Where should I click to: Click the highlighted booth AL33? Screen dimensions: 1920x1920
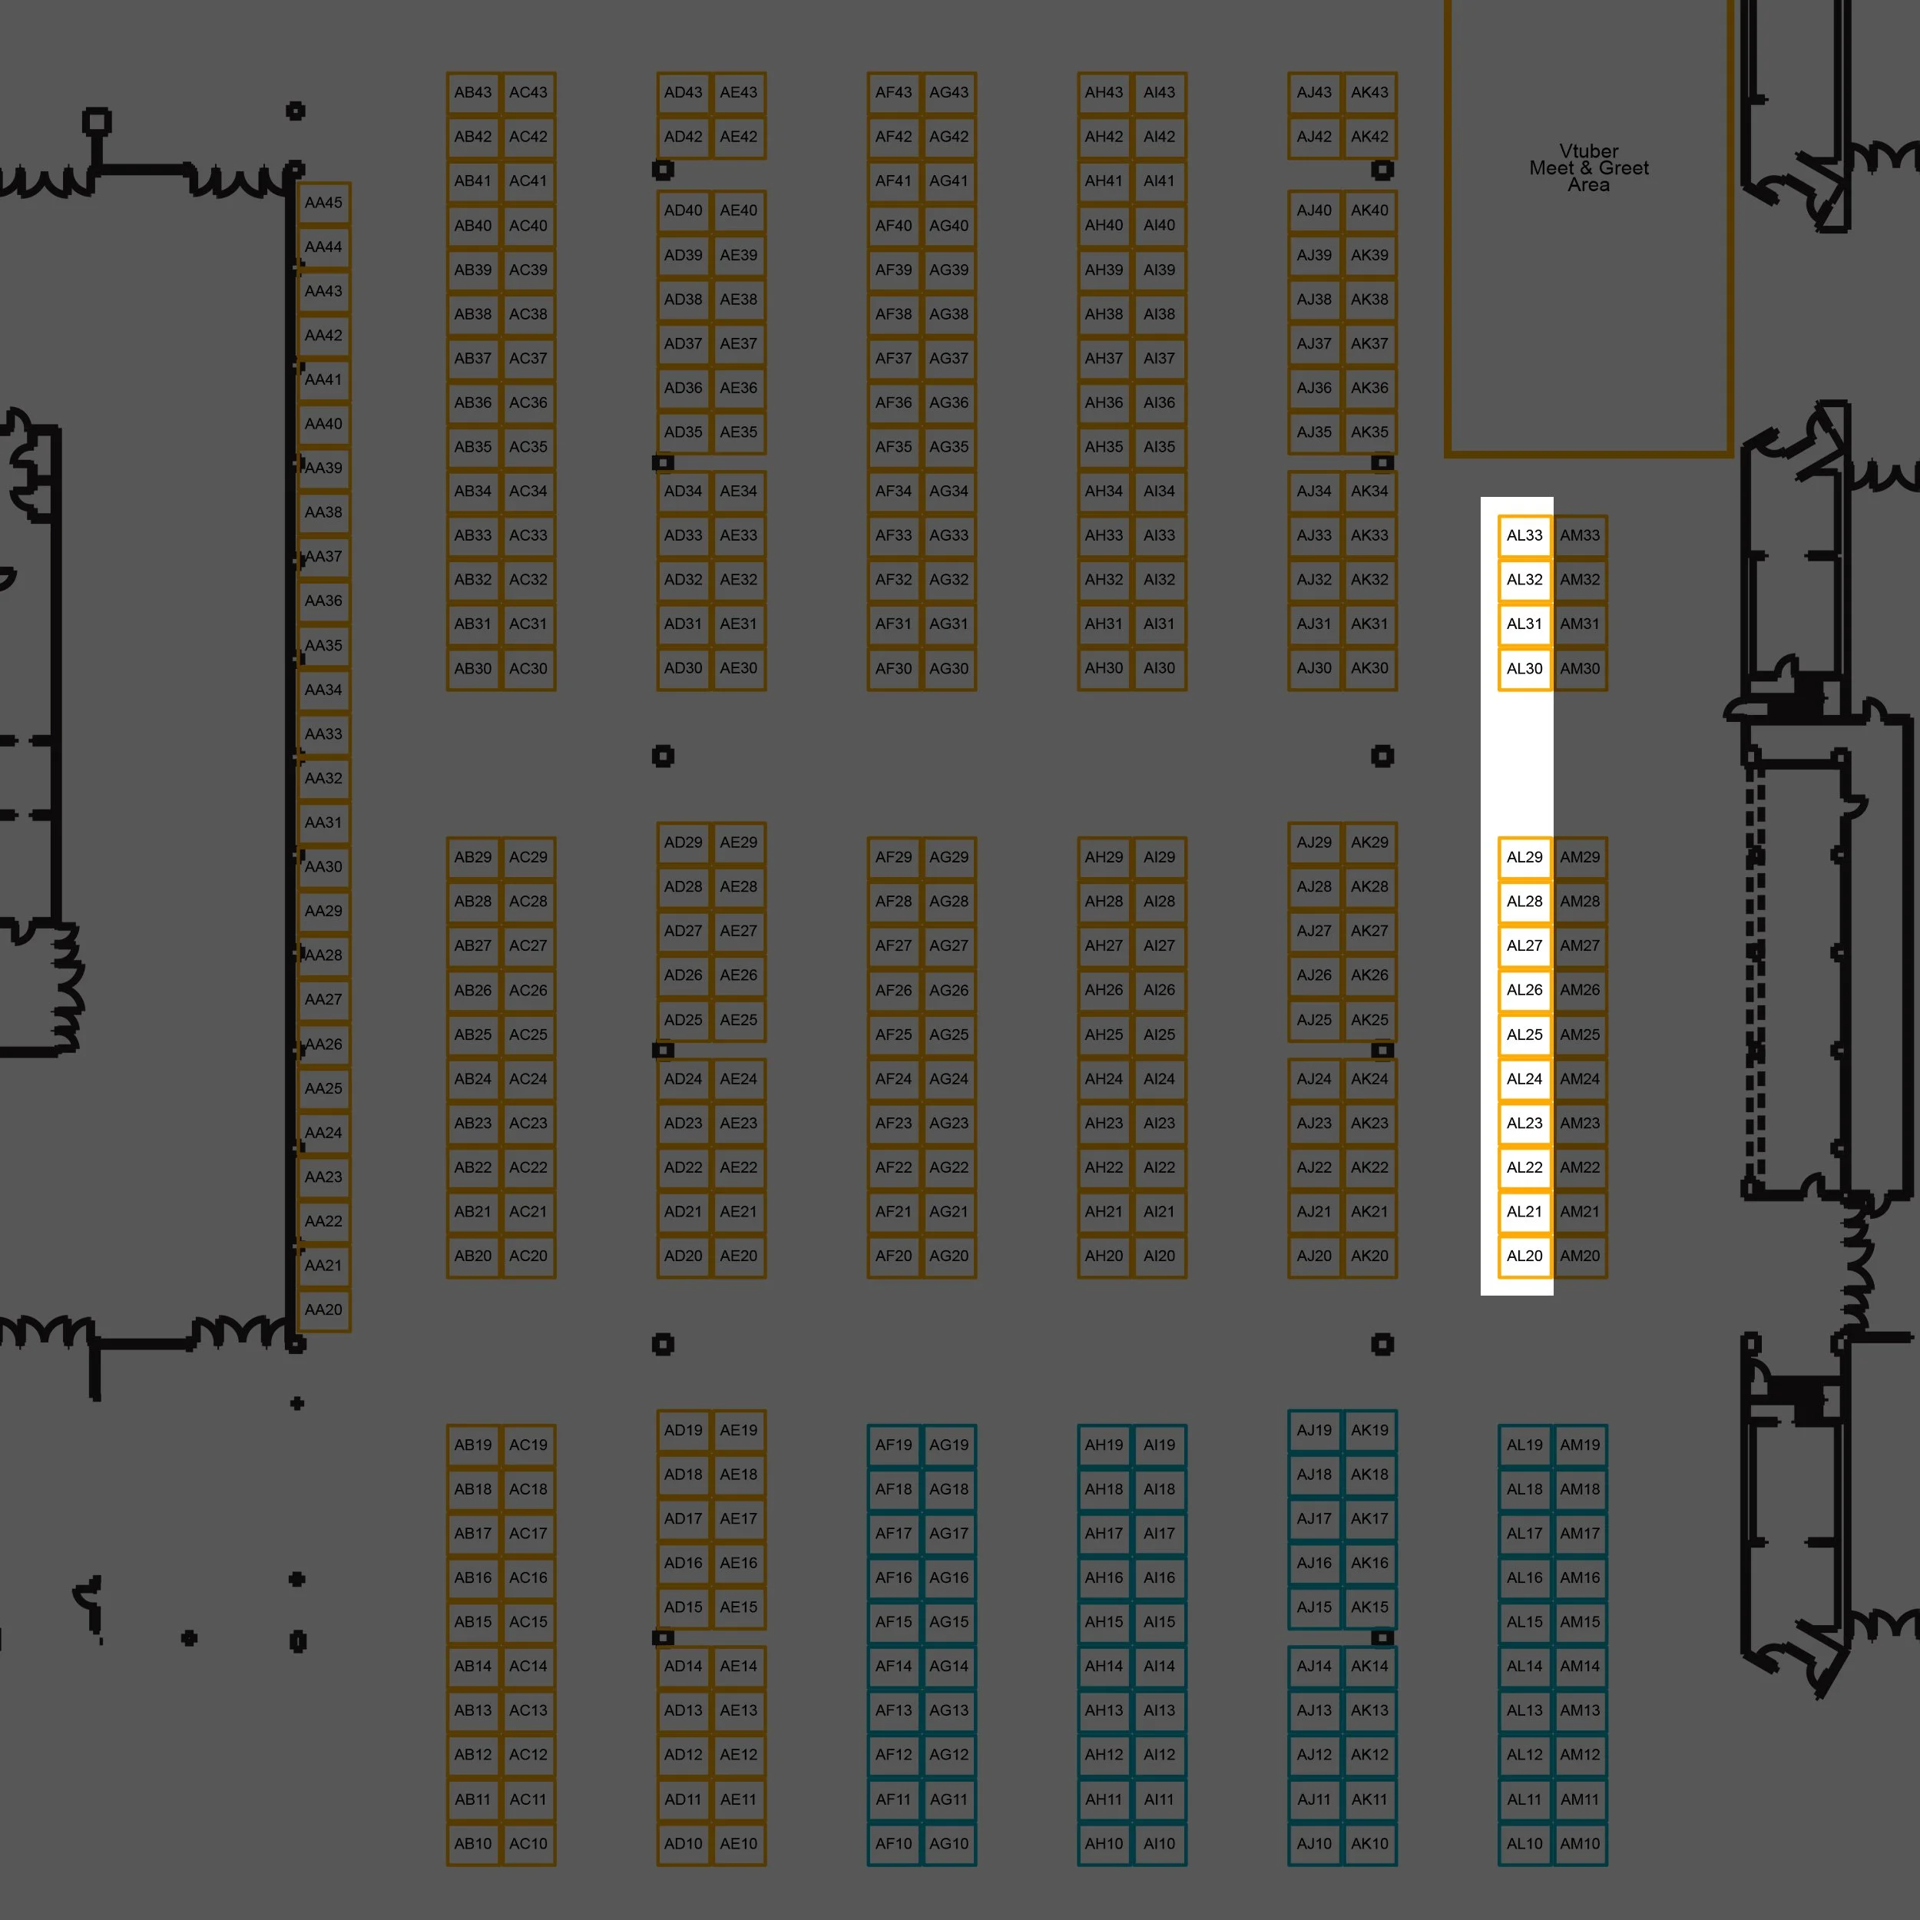1524,535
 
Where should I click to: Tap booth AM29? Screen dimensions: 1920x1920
1580,856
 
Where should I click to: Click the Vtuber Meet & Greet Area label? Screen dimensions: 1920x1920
1589,168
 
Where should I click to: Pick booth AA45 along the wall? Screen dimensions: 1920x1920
324,203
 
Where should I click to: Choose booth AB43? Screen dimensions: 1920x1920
473,92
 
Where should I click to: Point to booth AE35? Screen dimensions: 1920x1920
738,432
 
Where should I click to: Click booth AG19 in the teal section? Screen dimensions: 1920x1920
949,1445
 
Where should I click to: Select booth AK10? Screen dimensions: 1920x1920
1369,1843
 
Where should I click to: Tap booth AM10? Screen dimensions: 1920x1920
1580,1843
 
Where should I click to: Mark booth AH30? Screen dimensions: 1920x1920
1104,668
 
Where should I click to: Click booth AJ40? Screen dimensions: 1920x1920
1314,210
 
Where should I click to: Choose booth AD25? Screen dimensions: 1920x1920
684,1020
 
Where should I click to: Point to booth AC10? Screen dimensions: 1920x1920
528,1843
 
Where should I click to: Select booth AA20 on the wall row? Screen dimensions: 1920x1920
324,1309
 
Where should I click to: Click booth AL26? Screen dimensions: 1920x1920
1524,990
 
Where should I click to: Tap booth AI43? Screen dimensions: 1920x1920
1159,92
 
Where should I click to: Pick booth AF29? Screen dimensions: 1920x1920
893,856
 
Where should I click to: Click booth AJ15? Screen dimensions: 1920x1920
1314,1607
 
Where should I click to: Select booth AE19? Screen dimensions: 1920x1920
738,1430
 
